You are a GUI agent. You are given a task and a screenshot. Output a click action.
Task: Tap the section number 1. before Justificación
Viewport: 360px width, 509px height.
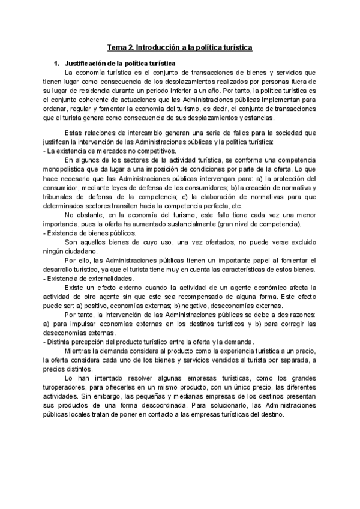coord(57,63)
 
